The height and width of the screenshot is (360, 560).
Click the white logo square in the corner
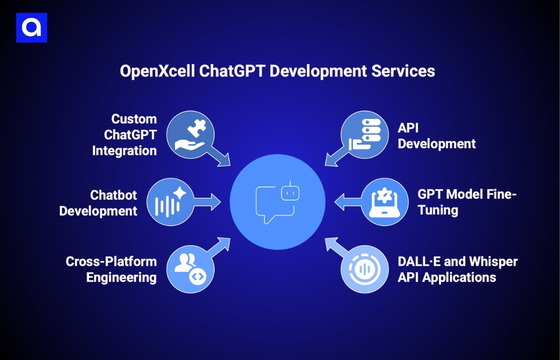coord(32,28)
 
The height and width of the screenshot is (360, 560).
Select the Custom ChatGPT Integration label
coord(125,135)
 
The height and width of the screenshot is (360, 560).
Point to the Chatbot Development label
coord(99,203)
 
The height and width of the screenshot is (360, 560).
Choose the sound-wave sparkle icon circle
coord(170,202)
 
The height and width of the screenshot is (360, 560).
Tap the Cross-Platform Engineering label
coord(111,269)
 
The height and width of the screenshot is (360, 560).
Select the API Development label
coord(437,136)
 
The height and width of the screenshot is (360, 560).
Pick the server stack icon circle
coord(364,135)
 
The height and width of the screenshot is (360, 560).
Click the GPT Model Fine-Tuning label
coord(467,202)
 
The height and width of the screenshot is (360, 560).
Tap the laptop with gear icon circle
coord(384,202)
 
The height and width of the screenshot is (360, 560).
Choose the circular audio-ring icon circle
coord(364,269)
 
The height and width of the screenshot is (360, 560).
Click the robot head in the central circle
coord(288,189)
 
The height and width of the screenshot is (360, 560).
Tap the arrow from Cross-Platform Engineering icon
coord(219,248)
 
